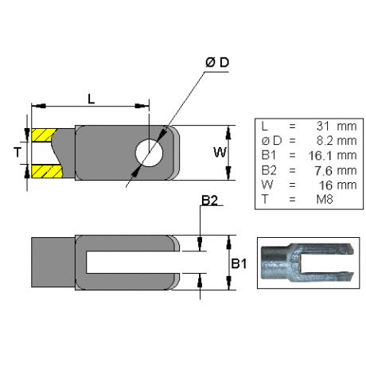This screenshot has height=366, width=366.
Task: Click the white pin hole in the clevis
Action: [149, 153]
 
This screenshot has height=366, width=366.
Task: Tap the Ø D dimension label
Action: [217, 63]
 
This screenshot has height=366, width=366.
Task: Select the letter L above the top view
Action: [91, 99]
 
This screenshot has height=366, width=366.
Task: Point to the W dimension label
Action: [220, 152]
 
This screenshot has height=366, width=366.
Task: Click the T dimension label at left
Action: [18, 152]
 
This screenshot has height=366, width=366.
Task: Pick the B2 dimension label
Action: [209, 201]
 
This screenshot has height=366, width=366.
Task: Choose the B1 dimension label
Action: [239, 263]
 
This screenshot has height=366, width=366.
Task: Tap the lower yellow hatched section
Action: [46, 171]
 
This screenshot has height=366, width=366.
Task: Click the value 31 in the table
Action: [322, 126]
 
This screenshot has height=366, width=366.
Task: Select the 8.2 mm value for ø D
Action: [337, 141]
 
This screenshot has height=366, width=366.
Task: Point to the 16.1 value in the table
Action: [320, 155]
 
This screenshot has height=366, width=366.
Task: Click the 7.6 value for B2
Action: [323, 170]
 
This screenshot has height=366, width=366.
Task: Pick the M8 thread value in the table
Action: [325, 199]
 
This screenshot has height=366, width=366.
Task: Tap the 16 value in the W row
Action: [325, 185]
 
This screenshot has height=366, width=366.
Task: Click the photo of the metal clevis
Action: [308, 263]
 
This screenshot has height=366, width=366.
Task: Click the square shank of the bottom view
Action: [53, 263]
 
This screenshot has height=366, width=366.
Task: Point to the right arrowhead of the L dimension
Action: [142, 106]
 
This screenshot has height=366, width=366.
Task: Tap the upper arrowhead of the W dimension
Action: [228, 133]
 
